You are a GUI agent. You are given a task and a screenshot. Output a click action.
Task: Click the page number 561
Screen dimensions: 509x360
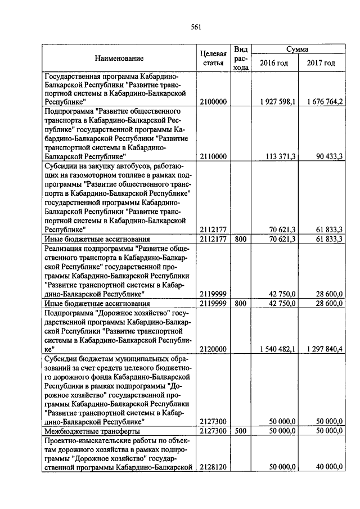click(196, 26)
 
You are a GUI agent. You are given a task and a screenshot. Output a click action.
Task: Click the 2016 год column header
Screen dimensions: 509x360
click(273, 63)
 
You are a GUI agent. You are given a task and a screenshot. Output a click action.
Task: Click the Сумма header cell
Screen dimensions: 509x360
click(297, 49)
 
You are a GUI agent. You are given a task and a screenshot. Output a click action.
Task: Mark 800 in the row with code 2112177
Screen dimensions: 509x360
click(241, 238)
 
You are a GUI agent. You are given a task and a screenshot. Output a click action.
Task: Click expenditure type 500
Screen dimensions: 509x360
click(241, 431)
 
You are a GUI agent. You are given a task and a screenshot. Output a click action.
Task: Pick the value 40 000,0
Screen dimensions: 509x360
click(329, 466)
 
